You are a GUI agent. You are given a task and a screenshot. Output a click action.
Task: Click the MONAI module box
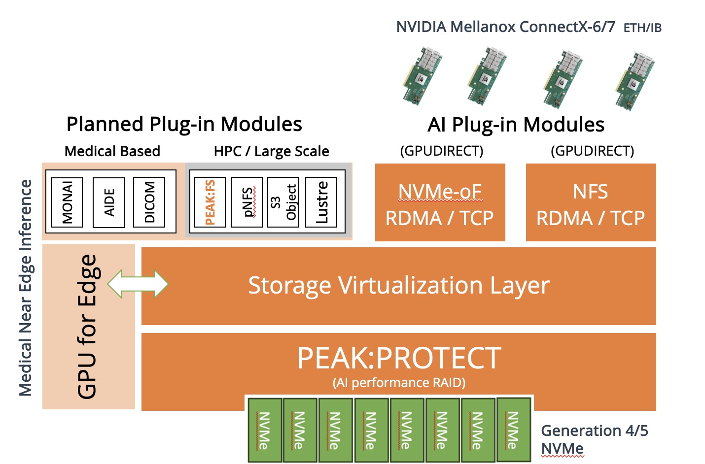(67, 202)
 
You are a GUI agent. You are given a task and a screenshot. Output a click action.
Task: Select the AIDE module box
(109, 202)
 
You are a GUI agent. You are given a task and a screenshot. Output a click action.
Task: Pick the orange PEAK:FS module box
(210, 202)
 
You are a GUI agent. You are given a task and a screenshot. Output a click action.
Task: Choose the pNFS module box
(247, 202)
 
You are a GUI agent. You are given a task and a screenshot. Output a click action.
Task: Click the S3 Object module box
(283, 202)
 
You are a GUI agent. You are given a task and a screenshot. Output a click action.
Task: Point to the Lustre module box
(321, 202)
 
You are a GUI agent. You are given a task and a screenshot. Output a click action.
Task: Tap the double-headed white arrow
(138, 284)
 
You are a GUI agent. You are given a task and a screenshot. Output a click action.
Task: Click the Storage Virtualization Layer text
(398, 285)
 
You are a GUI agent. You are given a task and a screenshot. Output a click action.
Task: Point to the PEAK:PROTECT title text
(398, 358)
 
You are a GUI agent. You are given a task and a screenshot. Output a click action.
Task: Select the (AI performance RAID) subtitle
(398, 383)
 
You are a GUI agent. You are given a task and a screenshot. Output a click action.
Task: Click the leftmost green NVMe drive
(264, 430)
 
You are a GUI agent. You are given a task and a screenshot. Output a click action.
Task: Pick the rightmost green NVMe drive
(513, 429)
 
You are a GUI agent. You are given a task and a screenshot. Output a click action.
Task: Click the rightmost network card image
(636, 79)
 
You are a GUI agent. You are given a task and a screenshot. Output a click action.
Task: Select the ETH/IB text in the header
(642, 28)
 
